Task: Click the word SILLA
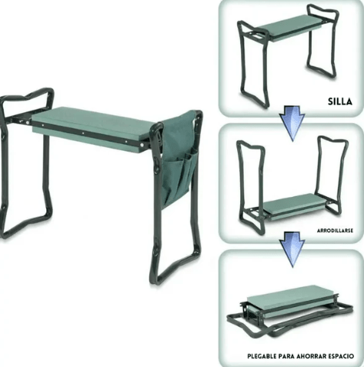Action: (339, 100)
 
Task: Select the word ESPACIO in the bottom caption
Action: (346, 356)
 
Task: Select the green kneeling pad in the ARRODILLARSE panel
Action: (291, 205)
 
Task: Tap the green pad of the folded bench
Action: (289, 296)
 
